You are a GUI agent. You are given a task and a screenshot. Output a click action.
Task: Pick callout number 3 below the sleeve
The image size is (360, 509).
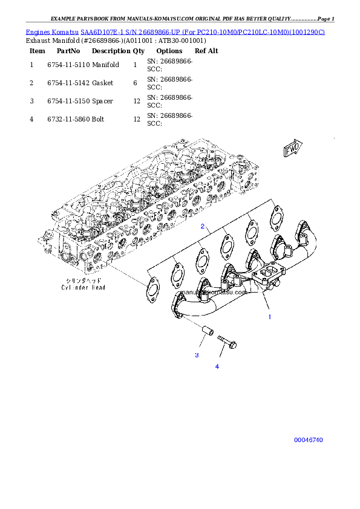(x=197, y=355)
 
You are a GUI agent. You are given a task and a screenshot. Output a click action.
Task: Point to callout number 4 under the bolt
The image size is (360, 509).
(x=217, y=366)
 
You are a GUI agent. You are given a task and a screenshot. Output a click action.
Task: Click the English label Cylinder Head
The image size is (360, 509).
(x=83, y=288)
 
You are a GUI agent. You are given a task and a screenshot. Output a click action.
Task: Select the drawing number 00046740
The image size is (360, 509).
(x=309, y=440)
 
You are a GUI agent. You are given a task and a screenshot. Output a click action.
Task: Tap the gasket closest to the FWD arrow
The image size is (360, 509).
(x=276, y=216)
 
